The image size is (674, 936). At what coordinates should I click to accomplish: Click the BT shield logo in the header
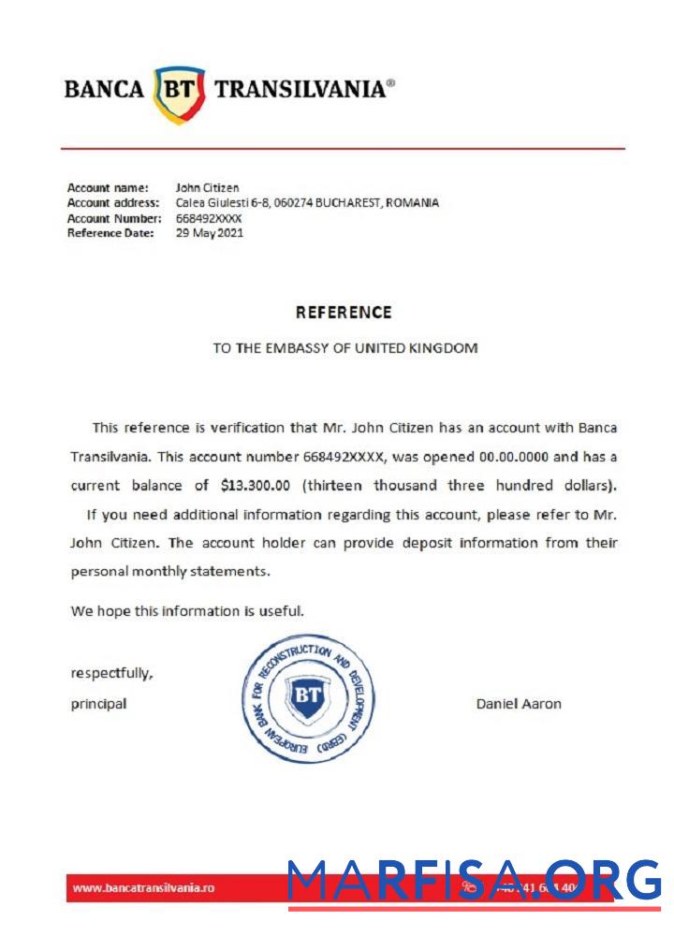pyautogui.click(x=179, y=93)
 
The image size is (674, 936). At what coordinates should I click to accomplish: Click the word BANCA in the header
pyautogui.click(x=104, y=90)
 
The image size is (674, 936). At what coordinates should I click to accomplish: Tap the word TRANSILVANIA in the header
pyautogui.click(x=300, y=90)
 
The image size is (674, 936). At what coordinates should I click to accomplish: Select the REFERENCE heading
pyautogui.click(x=344, y=313)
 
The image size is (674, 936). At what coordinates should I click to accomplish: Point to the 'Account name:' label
pyautogui.click(x=108, y=188)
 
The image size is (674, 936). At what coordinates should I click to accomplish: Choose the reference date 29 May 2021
pyautogui.click(x=210, y=233)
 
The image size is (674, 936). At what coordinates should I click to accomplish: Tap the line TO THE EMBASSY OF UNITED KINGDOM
pyautogui.click(x=344, y=348)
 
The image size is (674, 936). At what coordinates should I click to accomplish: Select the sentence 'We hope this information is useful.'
pyautogui.click(x=187, y=611)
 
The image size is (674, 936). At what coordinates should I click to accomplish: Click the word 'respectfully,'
pyautogui.click(x=112, y=672)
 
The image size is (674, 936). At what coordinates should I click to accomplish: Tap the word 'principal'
pyautogui.click(x=98, y=704)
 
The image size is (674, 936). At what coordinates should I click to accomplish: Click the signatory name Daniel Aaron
pyautogui.click(x=519, y=704)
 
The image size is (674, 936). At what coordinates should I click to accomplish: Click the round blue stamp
pyautogui.click(x=308, y=697)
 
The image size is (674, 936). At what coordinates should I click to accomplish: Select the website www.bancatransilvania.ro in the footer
pyautogui.click(x=143, y=887)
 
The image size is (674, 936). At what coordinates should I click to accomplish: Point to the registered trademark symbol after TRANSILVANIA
pyautogui.click(x=390, y=82)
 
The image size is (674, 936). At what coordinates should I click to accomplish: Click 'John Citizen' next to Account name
pyautogui.click(x=207, y=188)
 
